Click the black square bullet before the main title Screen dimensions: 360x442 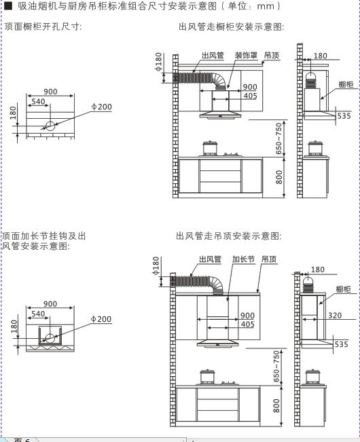(x=8, y=5)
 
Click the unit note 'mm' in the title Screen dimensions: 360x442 (x=266, y=6)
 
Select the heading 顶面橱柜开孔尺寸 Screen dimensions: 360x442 (x=43, y=26)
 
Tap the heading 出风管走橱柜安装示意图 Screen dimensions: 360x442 (x=232, y=26)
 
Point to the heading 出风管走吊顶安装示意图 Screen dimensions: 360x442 (x=229, y=236)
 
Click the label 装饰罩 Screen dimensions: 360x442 (x=246, y=55)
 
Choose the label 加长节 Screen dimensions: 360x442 (x=243, y=259)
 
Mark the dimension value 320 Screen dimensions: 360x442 (x=335, y=316)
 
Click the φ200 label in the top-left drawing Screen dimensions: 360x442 (x=101, y=107)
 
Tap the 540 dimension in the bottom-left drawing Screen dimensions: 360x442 (x=38, y=314)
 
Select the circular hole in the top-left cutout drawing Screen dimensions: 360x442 (x=50, y=126)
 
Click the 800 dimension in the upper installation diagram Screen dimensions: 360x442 (x=278, y=177)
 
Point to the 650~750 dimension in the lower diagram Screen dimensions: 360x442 (x=276, y=367)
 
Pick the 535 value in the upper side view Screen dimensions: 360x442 (x=344, y=116)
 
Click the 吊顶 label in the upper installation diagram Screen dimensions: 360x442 (x=272, y=55)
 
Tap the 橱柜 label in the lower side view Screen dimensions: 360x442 (x=343, y=289)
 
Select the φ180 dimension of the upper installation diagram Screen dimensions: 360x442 (x=158, y=62)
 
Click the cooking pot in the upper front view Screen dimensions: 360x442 (x=210, y=148)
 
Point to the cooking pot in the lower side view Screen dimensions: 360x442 (x=313, y=377)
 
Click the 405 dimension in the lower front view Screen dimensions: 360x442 (x=247, y=324)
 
